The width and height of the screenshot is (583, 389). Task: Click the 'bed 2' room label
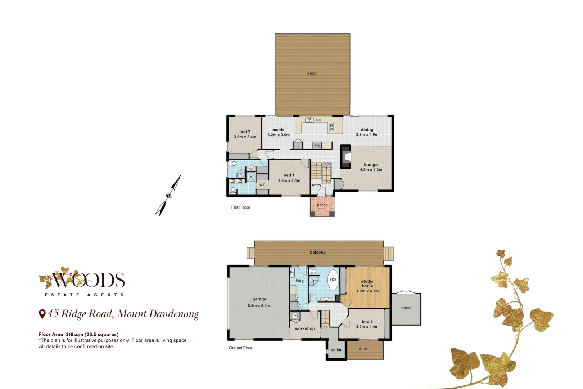click(245, 132)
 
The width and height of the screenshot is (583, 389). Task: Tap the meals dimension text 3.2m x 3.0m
click(278, 135)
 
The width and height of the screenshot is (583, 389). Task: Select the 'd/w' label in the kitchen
click(318, 120)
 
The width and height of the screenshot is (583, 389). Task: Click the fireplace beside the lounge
click(346, 157)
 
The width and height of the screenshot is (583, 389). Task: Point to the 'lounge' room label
click(371, 165)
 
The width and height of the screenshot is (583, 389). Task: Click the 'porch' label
click(322, 205)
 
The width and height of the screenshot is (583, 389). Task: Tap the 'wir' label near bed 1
click(262, 185)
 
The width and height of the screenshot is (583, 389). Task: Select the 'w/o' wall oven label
click(317, 146)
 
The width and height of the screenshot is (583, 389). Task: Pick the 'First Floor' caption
click(241, 207)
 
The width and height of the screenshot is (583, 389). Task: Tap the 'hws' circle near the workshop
click(295, 315)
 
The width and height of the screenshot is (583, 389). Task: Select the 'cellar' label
click(336, 350)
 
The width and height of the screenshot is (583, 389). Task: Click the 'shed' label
click(406, 308)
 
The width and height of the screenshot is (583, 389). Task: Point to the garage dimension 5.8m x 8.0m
click(259, 306)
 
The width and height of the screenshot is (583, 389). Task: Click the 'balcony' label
click(318, 252)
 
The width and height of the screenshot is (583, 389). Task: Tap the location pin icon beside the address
click(42, 314)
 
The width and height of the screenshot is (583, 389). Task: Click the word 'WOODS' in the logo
click(88, 280)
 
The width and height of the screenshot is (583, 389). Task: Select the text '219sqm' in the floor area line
click(74, 335)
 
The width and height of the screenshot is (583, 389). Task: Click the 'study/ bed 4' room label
click(367, 283)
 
